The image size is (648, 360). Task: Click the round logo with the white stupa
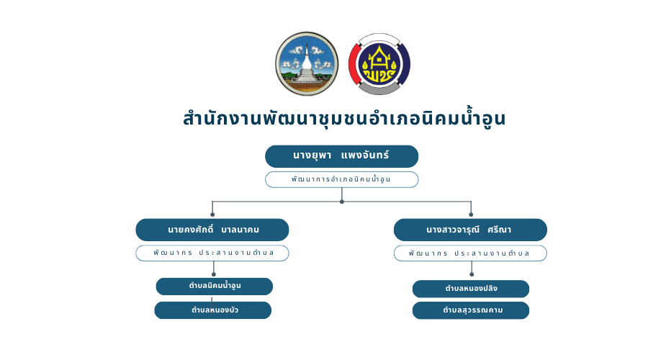[306, 63]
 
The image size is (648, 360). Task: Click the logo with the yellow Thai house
[379, 63]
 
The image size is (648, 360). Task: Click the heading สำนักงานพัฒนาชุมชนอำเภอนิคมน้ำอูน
[344, 118]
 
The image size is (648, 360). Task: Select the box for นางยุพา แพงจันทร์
[341, 156]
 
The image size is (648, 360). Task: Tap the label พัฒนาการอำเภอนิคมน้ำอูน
[341, 179]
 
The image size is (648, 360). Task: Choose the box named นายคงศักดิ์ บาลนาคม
[212, 230]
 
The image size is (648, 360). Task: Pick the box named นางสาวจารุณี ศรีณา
[470, 230]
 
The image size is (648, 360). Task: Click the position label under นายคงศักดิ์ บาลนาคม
[212, 253]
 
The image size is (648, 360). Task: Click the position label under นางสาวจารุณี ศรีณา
[470, 253]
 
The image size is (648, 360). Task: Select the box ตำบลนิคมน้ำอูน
[215, 286]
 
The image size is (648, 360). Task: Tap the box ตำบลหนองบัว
[213, 310]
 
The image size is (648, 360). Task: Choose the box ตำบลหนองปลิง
[471, 289]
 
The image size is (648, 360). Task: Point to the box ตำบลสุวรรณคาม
[471, 310]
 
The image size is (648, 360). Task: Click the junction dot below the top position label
[342, 202]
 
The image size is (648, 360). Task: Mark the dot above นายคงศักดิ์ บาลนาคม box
[212, 214]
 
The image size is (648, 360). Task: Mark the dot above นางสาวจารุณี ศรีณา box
[471, 214]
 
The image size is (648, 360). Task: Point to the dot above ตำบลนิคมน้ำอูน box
[214, 274]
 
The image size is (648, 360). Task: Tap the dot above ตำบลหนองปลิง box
[472, 274]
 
